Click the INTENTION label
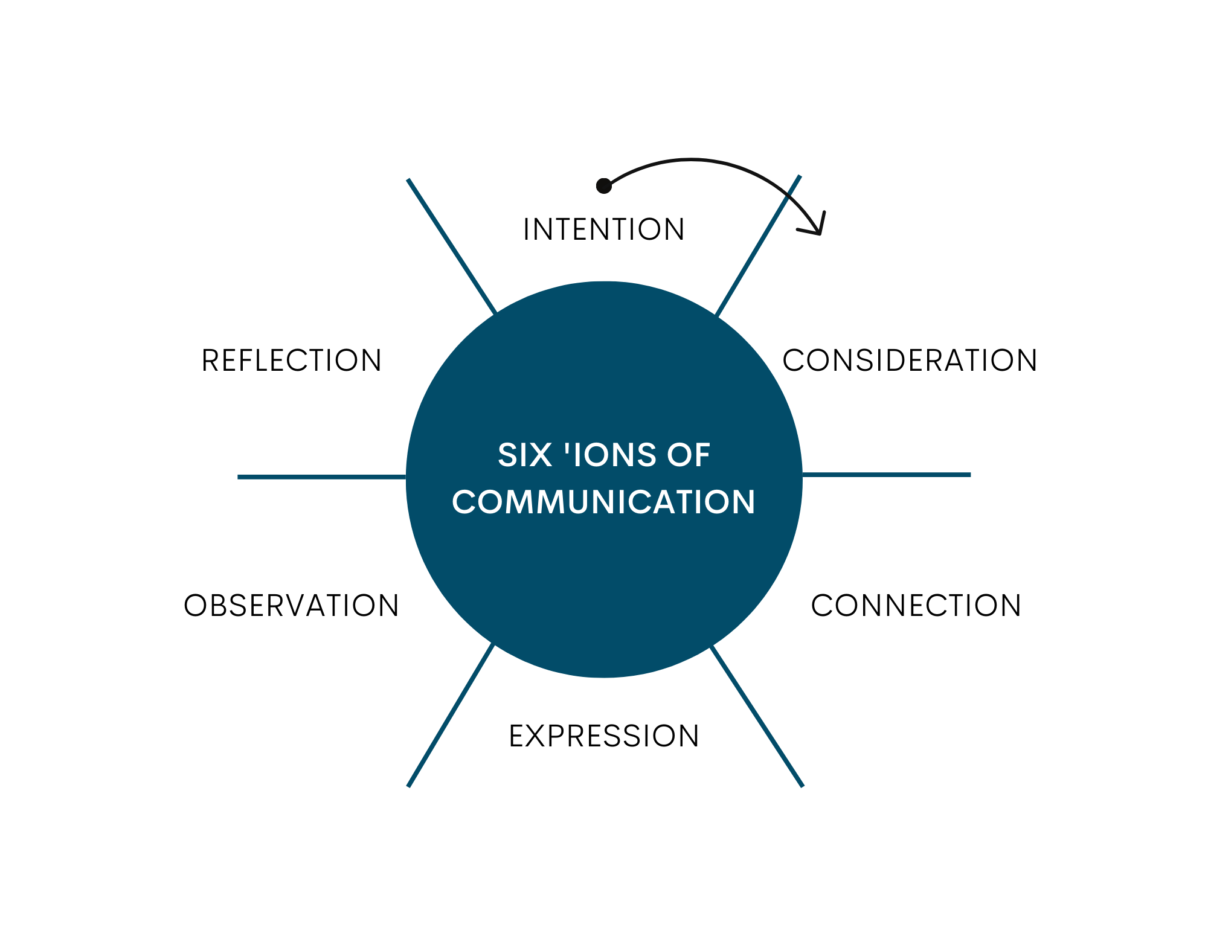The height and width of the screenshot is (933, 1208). click(604, 229)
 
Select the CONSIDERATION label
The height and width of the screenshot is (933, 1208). click(910, 361)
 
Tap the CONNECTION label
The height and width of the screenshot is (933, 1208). click(916, 605)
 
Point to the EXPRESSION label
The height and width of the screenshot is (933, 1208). click(604, 736)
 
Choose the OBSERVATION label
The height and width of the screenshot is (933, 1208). click(291, 605)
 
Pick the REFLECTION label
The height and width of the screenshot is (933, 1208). click(291, 361)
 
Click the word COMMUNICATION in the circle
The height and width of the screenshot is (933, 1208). click(604, 502)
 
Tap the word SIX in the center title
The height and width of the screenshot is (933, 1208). click(524, 455)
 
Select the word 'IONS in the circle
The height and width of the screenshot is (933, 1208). click(609, 455)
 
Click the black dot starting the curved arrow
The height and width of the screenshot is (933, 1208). click(604, 186)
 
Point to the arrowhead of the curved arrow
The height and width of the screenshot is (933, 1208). click(818, 229)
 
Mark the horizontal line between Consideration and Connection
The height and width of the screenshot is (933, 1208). click(887, 475)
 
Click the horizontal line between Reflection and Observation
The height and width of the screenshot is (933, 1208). click(321, 477)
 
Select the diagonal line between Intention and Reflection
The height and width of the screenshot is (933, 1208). click(452, 246)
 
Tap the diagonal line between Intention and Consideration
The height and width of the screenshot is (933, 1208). click(757, 246)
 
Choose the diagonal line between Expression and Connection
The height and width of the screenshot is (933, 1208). click(757, 716)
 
